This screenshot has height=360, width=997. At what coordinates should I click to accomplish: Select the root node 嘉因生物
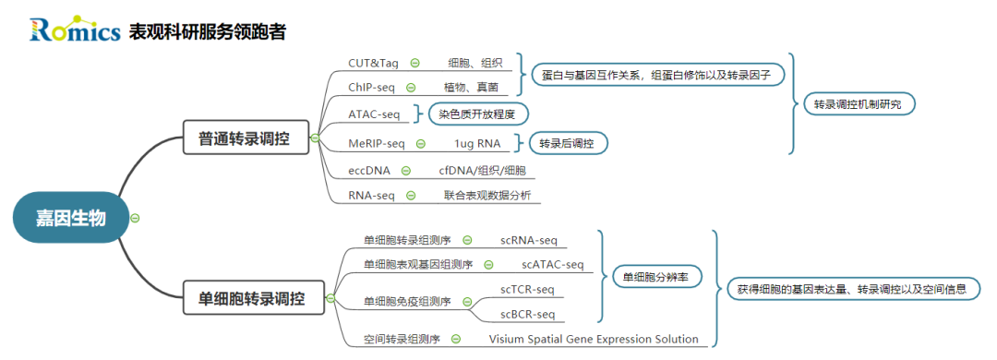coord(71,219)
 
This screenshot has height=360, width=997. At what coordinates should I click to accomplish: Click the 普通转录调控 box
coord(244,139)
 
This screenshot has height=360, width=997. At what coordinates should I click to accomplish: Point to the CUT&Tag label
coord(372,63)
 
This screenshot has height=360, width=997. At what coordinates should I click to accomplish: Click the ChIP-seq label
coord(371,88)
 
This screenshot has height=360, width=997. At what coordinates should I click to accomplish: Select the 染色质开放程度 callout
coord(477,114)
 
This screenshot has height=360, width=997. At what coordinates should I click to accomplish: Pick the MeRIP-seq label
coord(376,143)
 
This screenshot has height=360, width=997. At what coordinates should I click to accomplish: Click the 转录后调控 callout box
coord(567,143)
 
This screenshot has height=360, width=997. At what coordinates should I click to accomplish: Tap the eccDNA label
coord(369,170)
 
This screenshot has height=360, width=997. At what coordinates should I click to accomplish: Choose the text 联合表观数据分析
coord(486,195)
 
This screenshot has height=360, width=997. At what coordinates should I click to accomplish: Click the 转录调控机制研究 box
coord(858,105)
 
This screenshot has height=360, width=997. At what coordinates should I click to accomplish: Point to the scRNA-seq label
coord(529,240)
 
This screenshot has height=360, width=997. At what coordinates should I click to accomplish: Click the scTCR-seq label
coord(527,289)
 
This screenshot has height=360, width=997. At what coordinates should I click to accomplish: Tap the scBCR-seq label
coord(527,315)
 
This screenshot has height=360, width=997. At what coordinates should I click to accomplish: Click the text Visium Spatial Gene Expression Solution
coord(594,339)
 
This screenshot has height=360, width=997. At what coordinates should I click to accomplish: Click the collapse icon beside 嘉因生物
coord(135,219)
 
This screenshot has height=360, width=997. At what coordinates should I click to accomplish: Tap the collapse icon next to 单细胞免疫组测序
coord(467,302)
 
